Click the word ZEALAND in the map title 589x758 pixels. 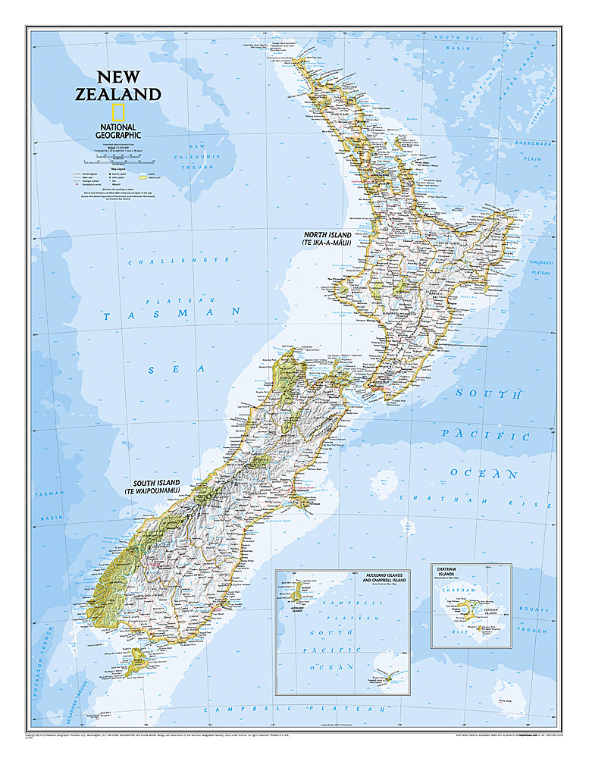point(128,94)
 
